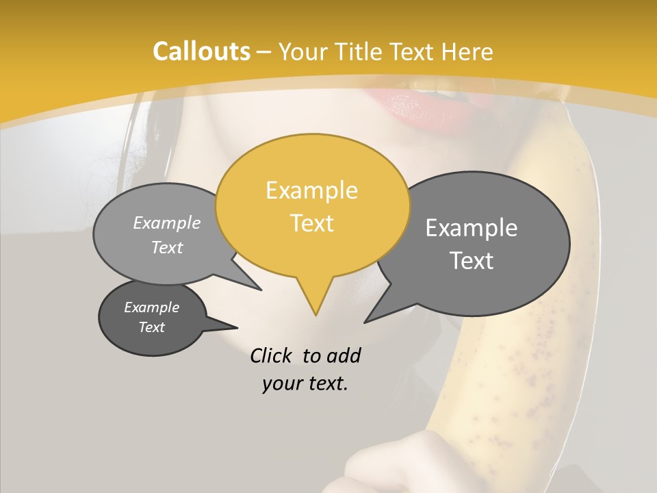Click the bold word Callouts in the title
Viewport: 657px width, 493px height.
pos(201,51)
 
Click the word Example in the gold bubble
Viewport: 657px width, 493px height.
pos(311,190)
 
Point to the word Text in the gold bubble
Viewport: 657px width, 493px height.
pos(311,223)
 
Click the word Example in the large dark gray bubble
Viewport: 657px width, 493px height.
pos(472,228)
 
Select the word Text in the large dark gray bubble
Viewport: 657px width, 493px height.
pos(472,261)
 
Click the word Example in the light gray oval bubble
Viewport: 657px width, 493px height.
pos(167,223)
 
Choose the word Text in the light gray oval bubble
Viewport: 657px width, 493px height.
pos(167,247)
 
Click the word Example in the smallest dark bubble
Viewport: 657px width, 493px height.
pos(151,307)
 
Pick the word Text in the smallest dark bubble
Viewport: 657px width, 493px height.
pos(151,327)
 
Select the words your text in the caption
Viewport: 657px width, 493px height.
pos(305,383)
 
